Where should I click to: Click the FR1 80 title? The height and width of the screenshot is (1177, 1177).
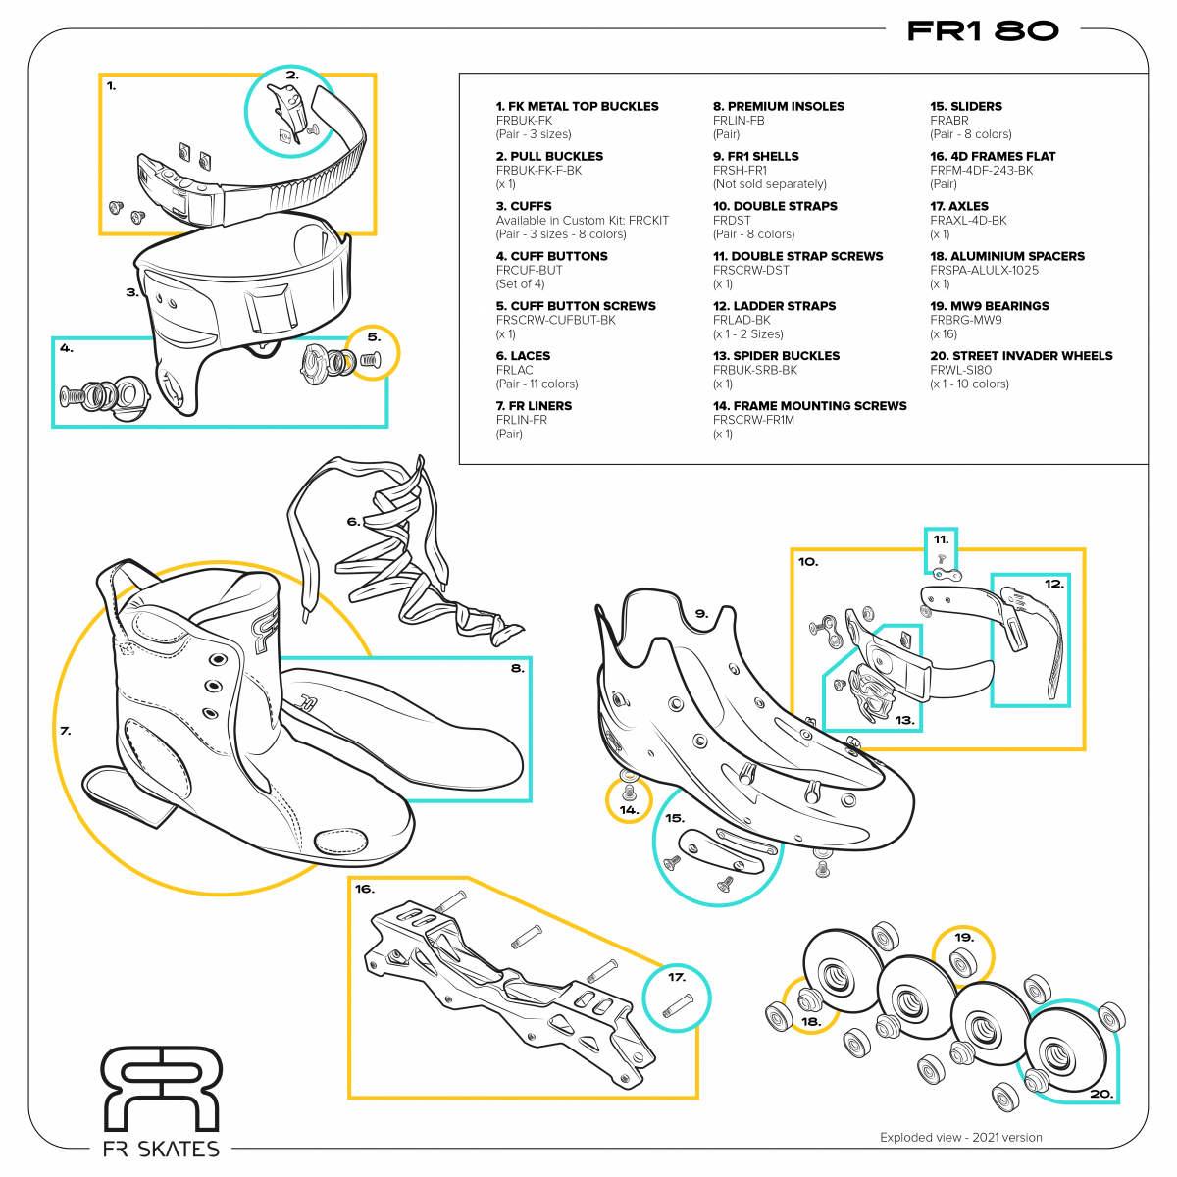(x=983, y=30)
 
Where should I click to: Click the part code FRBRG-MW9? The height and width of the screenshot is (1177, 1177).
(x=965, y=320)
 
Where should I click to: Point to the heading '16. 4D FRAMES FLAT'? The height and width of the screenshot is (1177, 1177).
(x=993, y=156)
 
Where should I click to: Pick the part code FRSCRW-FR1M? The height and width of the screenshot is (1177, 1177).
(x=753, y=420)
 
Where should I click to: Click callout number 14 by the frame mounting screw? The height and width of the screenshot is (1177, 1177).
(x=629, y=810)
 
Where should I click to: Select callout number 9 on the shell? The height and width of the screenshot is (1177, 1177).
(x=701, y=614)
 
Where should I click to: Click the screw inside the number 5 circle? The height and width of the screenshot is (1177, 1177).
(x=369, y=361)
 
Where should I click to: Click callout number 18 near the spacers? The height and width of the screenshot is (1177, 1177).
(x=810, y=1021)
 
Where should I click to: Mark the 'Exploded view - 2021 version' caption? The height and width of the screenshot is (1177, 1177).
(x=960, y=1138)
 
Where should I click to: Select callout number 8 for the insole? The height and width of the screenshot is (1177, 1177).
(x=516, y=669)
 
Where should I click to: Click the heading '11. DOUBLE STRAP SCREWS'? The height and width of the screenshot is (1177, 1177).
(x=797, y=256)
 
